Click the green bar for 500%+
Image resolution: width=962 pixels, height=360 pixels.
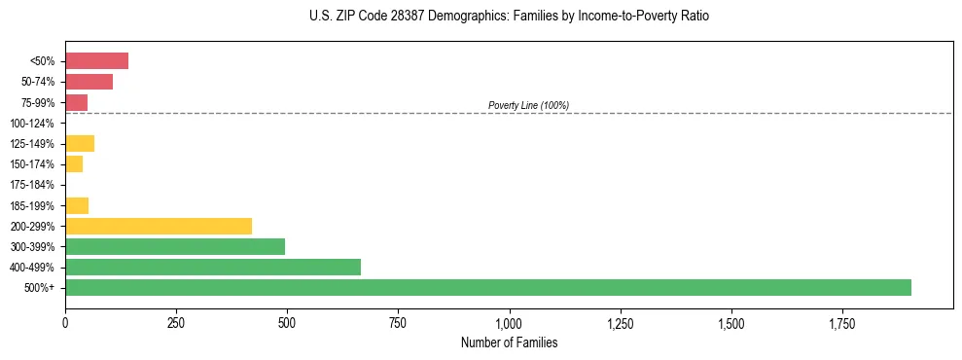click(x=487, y=287)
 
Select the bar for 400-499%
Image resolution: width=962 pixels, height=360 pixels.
click(x=212, y=267)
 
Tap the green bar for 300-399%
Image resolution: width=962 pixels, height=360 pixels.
click(x=175, y=246)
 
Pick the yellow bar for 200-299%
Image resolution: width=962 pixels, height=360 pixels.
click(x=159, y=226)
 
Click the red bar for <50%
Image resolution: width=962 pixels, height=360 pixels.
click(x=96, y=61)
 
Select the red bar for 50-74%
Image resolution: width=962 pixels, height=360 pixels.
click(x=89, y=82)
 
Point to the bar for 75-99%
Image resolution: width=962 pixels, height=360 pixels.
click(x=76, y=102)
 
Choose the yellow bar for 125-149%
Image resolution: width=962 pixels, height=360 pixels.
click(x=80, y=144)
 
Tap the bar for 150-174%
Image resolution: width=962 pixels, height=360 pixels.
click(x=74, y=164)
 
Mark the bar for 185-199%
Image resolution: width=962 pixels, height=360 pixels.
click(x=77, y=205)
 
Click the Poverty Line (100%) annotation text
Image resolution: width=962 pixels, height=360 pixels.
click(x=528, y=105)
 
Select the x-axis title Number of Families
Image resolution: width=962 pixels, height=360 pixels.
click(x=509, y=342)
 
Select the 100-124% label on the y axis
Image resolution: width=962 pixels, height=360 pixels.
click(x=33, y=124)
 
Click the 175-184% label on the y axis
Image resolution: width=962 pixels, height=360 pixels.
click(x=33, y=185)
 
